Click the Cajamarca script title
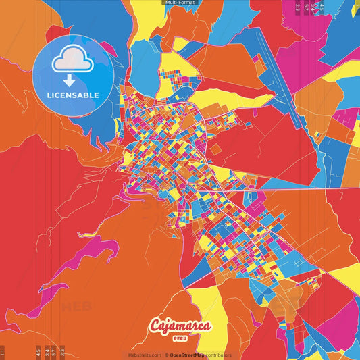click(180, 326)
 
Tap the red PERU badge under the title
click(180, 337)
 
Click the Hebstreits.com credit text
click(145, 355)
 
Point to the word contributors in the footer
click(219, 355)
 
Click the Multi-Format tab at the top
click(180, 3)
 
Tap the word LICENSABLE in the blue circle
click(73, 95)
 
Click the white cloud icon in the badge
click(73, 60)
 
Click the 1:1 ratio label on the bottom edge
click(3, 352)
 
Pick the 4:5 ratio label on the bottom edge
click(38, 352)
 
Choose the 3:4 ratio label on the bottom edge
click(47, 352)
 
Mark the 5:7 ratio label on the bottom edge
click(55, 352)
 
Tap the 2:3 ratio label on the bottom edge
click(63, 352)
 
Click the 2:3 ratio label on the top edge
click(298, 7)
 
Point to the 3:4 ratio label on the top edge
click(314, 7)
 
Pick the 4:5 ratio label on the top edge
click(322, 7)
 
